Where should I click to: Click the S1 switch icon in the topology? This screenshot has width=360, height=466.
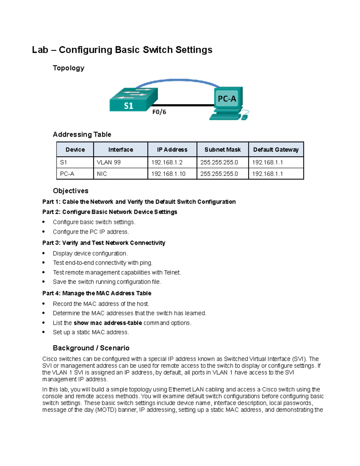[x=133, y=100]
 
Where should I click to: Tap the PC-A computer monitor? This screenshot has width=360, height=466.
[x=227, y=98]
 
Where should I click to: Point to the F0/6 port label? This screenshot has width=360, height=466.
[x=159, y=112]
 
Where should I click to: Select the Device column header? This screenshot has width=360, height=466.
[x=75, y=149]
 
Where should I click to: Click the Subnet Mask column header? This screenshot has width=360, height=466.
[x=222, y=149]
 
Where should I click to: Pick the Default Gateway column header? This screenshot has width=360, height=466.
[x=276, y=149]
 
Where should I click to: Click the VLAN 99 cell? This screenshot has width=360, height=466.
[x=109, y=162]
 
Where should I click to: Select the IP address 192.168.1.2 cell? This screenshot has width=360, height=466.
[x=167, y=162]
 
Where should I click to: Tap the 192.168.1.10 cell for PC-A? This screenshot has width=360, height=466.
[x=168, y=174]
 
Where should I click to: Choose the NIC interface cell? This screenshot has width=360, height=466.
[x=102, y=174]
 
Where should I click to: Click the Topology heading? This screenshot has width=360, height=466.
[x=68, y=68]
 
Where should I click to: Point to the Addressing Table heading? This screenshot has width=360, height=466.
[x=82, y=134]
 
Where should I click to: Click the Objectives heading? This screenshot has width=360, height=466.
[x=70, y=191]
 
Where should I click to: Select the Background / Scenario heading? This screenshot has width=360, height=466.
[x=91, y=348]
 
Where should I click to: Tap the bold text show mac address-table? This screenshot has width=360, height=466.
[x=108, y=323]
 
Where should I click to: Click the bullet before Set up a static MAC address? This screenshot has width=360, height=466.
[x=43, y=332]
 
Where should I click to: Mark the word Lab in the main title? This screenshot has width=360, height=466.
[x=40, y=50]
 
